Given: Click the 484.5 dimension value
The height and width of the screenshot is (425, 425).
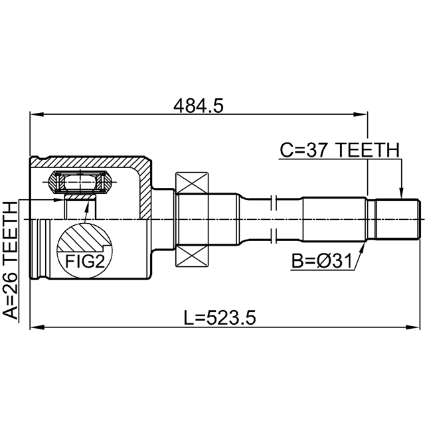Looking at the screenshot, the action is coord(199,106).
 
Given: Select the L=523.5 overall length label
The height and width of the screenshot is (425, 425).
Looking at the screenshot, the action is coord(220,318).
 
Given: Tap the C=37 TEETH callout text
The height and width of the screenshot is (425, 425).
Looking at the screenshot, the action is coord(340,150).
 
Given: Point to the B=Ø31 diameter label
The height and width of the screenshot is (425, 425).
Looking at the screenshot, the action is coord(321,261).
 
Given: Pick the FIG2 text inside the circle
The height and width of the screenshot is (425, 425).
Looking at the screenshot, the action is coord(85,262).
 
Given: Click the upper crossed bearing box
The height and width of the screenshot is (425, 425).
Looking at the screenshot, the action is coord(192,183).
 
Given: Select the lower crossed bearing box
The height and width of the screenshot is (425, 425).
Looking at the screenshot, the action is coord(192,256).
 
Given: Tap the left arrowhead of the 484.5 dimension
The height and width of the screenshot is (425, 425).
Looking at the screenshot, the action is coord(37,114).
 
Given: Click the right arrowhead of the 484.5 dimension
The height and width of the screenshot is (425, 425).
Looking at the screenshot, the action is coord(361,114).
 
